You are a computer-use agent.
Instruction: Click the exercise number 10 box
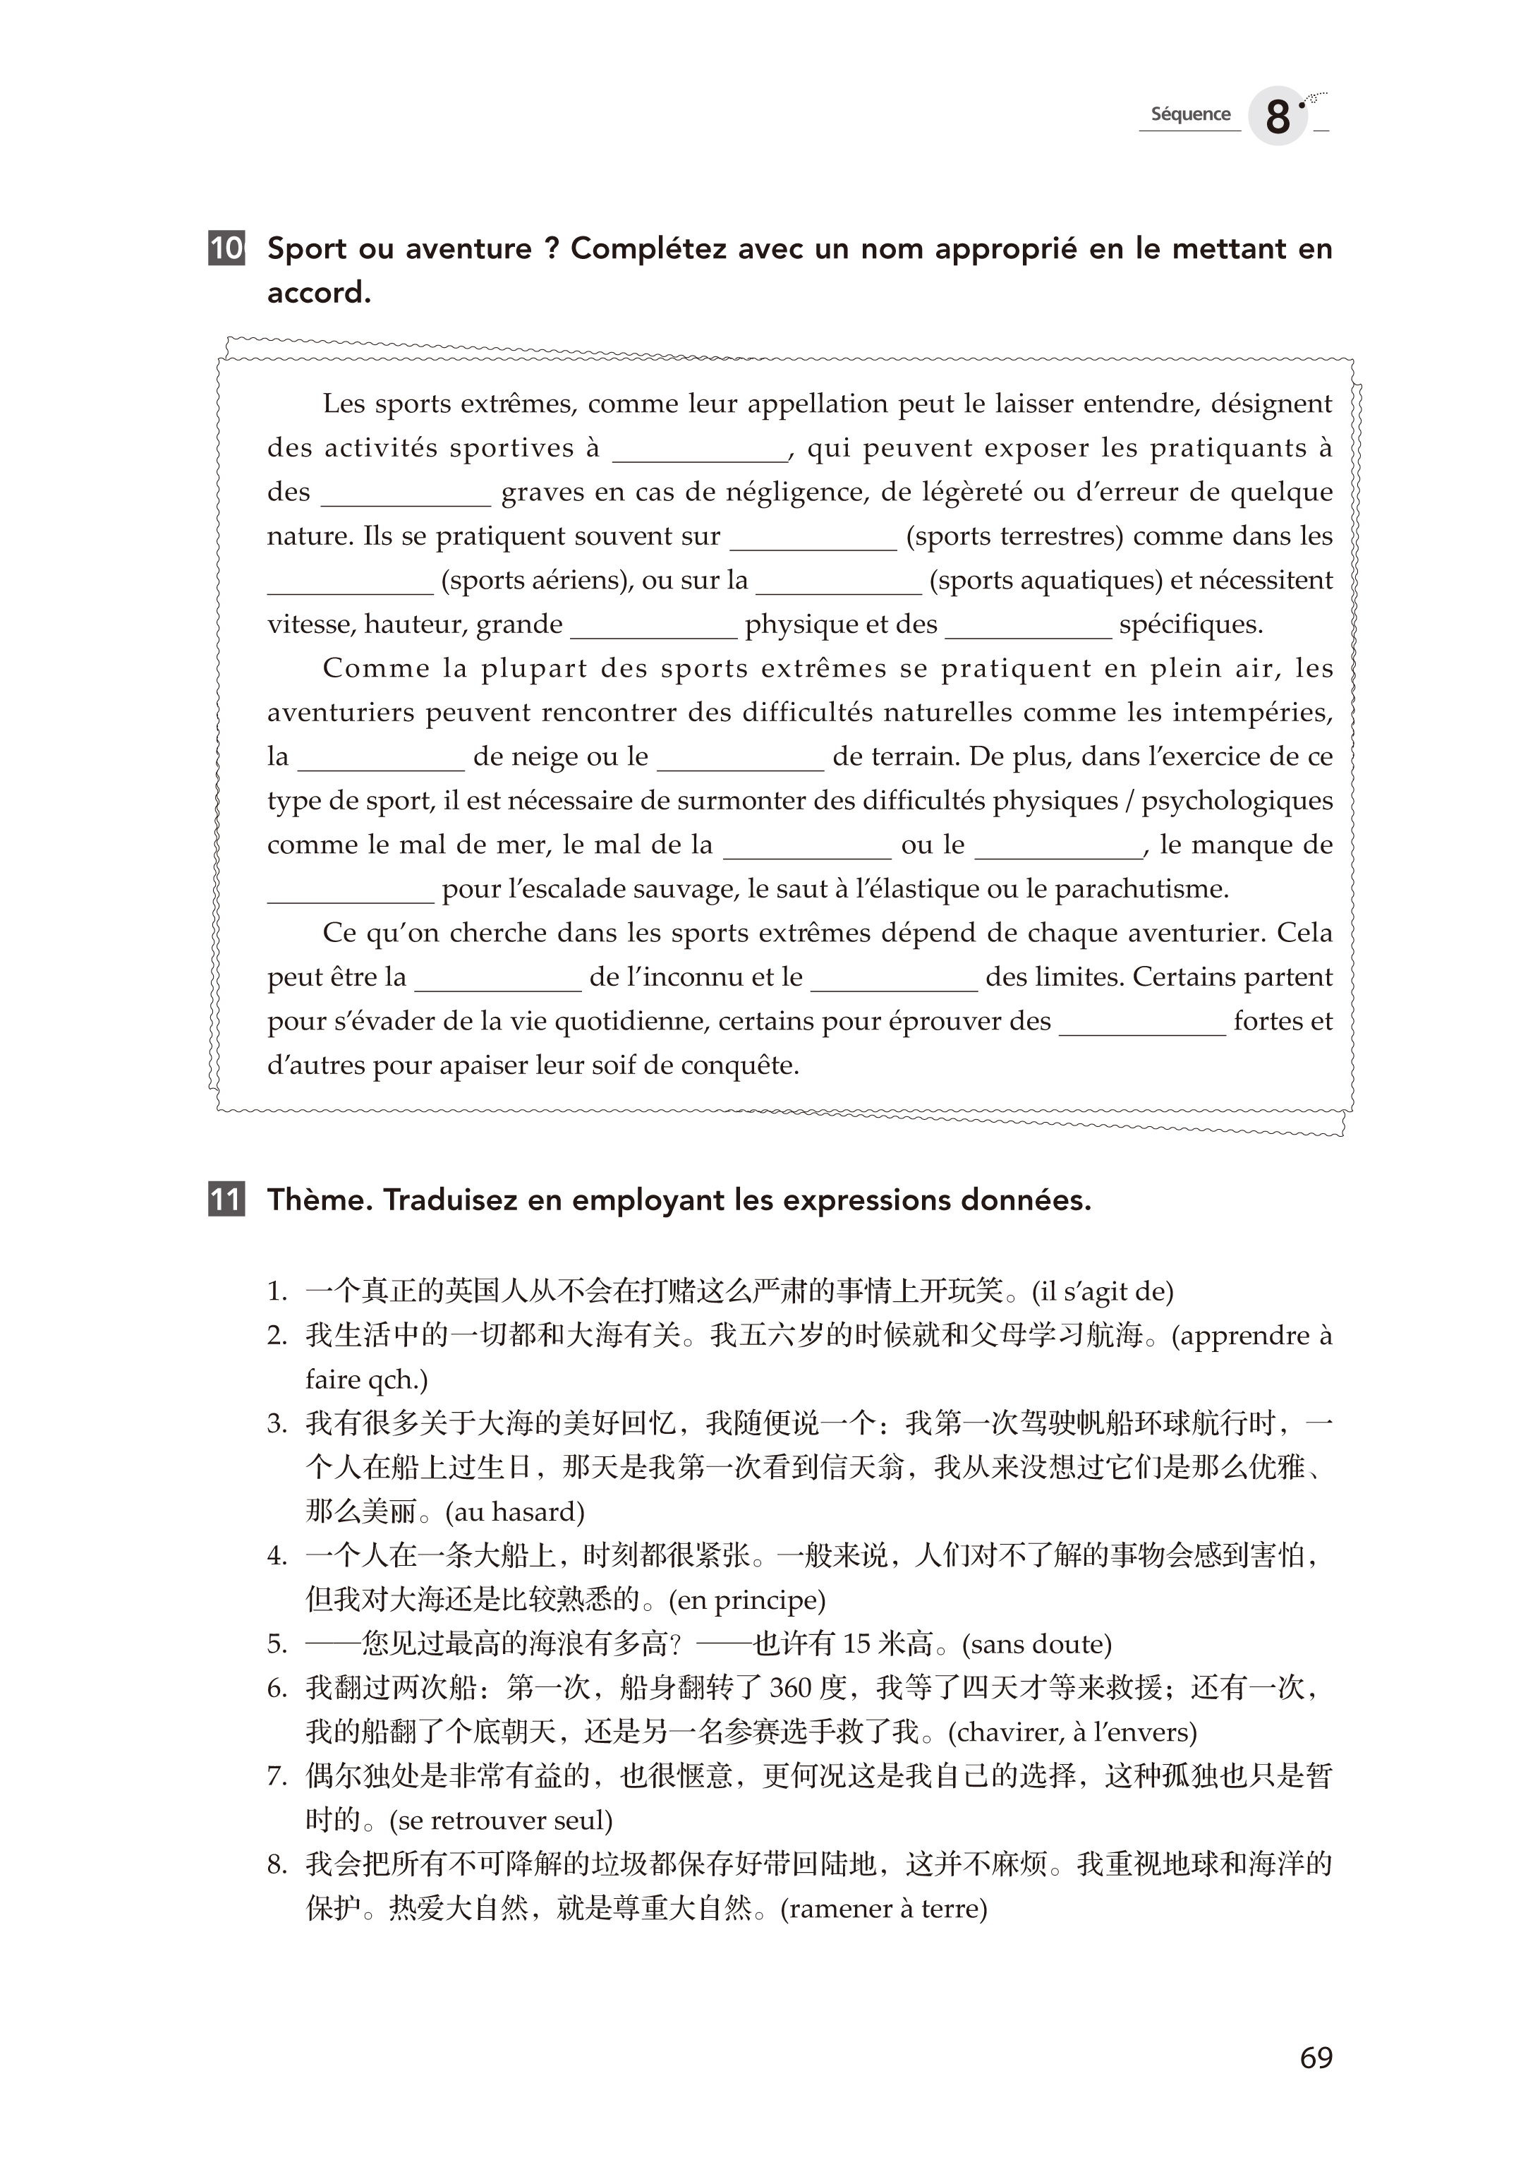226,248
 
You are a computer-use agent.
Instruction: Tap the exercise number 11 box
226,1200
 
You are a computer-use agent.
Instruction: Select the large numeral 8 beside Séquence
1278,118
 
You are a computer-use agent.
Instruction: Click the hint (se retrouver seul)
501,1821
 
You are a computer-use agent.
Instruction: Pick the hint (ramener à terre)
884,1909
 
